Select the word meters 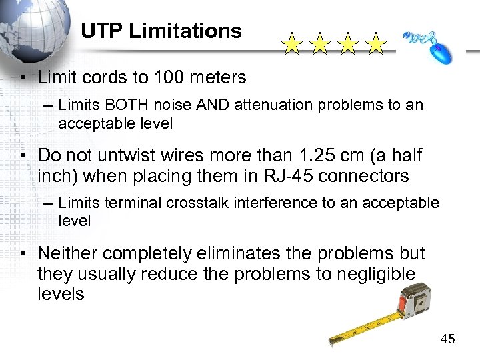point(220,77)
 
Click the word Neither point(69,253)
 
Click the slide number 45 point(447,340)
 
